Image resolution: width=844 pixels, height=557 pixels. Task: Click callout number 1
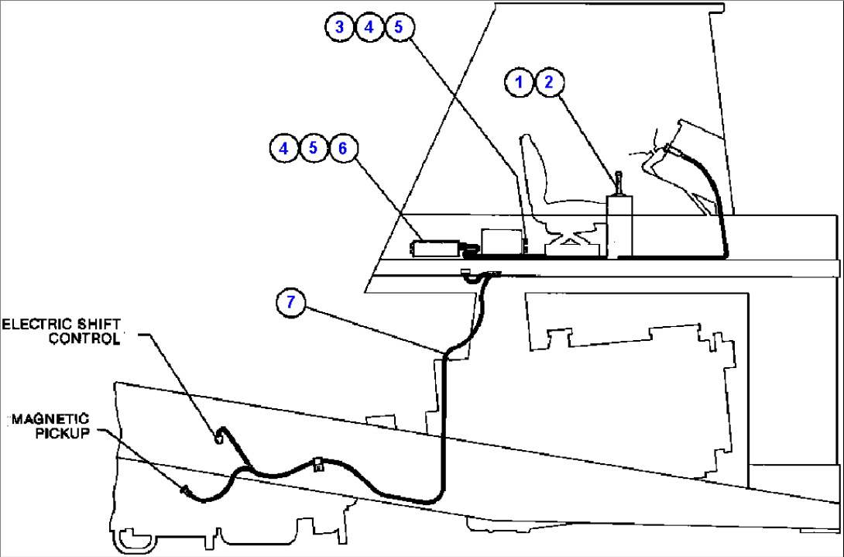click(520, 82)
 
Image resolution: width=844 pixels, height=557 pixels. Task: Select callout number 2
click(549, 82)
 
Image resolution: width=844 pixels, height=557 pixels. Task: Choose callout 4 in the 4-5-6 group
click(285, 148)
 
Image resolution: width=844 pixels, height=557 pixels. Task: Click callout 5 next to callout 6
click(314, 148)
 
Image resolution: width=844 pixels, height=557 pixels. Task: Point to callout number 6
click(342, 148)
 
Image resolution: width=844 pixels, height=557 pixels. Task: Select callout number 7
click(290, 303)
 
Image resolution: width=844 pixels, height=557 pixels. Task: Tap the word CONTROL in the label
click(85, 338)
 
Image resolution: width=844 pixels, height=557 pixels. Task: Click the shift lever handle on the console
click(619, 184)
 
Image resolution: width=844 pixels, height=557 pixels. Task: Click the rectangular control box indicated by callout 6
click(434, 248)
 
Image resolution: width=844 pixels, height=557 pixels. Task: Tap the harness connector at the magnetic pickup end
click(187, 490)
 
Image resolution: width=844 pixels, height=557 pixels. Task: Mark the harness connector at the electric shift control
click(220, 438)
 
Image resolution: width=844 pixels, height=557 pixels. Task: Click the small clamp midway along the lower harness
click(317, 465)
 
